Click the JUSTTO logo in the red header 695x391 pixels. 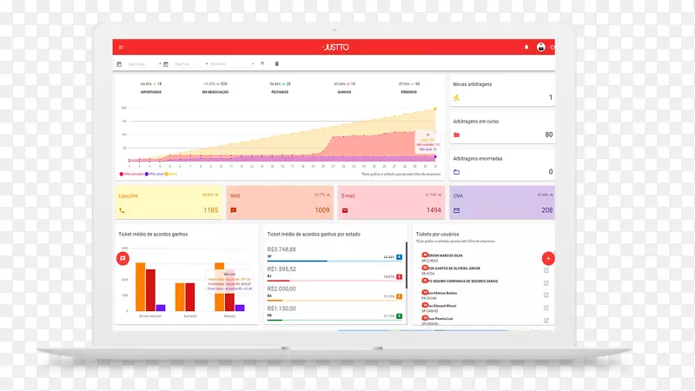pyautogui.click(x=334, y=47)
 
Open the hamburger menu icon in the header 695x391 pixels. pyautogui.click(x=121, y=47)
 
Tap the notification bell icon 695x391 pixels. pyautogui.click(x=526, y=47)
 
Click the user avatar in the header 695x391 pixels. pyautogui.click(x=540, y=47)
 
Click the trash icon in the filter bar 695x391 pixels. pyautogui.click(x=277, y=63)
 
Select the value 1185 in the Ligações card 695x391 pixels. pyautogui.click(x=211, y=210)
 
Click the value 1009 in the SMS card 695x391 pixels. pyautogui.click(x=322, y=210)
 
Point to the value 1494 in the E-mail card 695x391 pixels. pyautogui.click(x=434, y=210)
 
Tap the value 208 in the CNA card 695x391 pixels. pyautogui.click(x=546, y=210)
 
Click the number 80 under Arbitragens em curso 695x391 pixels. pyautogui.click(x=548, y=135)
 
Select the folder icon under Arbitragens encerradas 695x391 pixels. pyautogui.click(x=457, y=172)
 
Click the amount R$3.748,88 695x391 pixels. pyautogui.click(x=283, y=249)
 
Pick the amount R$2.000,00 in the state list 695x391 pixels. pyautogui.click(x=282, y=288)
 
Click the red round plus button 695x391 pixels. pyautogui.click(x=547, y=258)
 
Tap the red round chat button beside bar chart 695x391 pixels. pyautogui.click(x=122, y=258)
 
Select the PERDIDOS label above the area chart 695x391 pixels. pyautogui.click(x=407, y=91)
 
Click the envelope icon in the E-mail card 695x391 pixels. pyautogui.click(x=345, y=210)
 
